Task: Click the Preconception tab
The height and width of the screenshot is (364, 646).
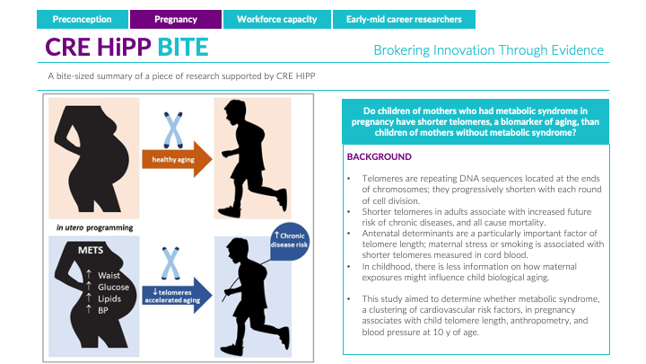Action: pyautogui.click(x=83, y=19)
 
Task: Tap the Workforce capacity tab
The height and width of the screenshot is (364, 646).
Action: pyautogui.click(x=274, y=19)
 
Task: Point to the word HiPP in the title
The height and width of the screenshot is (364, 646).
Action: pyautogui.click(x=121, y=48)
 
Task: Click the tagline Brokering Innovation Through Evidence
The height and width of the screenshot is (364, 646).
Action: pyautogui.click(x=488, y=50)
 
